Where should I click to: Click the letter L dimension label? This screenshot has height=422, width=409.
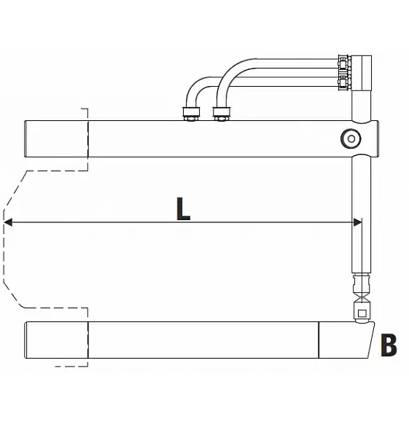(x=183, y=209)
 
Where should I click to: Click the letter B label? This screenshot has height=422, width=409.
(x=389, y=345)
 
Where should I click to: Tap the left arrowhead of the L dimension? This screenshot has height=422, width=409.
(x=8, y=222)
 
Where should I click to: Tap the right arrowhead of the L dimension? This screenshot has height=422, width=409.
(x=357, y=222)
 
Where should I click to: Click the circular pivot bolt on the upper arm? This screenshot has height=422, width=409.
(x=351, y=139)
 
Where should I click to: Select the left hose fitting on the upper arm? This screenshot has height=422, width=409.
(x=191, y=114)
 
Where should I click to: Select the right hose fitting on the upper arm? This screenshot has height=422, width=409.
(x=222, y=114)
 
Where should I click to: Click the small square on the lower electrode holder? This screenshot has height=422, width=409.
(x=362, y=313)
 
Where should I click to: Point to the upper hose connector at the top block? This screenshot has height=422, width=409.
(x=344, y=63)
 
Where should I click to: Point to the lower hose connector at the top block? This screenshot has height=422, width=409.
(x=344, y=82)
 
